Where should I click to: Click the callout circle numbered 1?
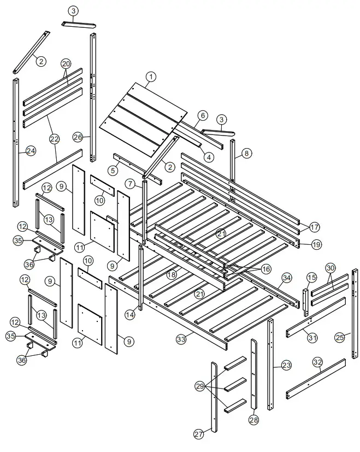pos(151,77)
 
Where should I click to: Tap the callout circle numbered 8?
pos(247,154)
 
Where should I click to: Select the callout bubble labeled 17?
pos(315,227)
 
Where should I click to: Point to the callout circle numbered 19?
pos(316,245)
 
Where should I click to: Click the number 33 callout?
pos(181,339)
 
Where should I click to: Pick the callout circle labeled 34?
pos(286,278)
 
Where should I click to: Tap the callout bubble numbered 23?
pos(286,365)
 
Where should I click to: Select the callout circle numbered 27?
pos(198,434)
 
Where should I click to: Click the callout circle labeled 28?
pos(253,420)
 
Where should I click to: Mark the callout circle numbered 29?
pos(200,386)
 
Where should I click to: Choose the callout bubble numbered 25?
pos(339,337)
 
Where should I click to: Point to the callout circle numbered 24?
pos(31,150)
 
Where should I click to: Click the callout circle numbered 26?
pos(78,137)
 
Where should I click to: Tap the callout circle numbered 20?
pos(66,64)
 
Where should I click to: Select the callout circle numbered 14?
pos(129,315)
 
